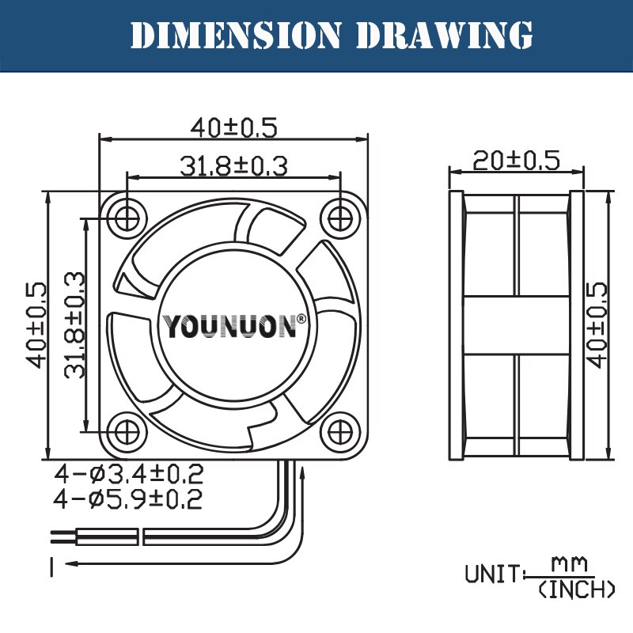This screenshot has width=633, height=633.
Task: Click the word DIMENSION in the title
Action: click(x=235, y=35)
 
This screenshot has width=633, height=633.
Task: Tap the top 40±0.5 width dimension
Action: click(x=234, y=127)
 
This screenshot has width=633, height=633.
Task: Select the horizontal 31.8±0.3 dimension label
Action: click(x=233, y=166)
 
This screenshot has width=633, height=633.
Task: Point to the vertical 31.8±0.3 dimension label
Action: click(x=75, y=324)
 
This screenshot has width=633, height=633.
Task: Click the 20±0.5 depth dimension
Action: click(x=516, y=160)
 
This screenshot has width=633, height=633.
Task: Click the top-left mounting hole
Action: click(x=126, y=215)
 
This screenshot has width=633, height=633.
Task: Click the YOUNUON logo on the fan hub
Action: click(x=229, y=326)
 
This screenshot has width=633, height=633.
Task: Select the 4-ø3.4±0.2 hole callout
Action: click(x=129, y=475)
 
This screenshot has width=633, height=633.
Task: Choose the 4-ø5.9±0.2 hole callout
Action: click(x=129, y=499)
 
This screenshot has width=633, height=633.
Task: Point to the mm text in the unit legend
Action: click(x=570, y=563)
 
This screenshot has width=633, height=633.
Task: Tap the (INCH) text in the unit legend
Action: click(x=576, y=589)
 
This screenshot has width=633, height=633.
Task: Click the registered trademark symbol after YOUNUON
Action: click(x=301, y=319)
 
